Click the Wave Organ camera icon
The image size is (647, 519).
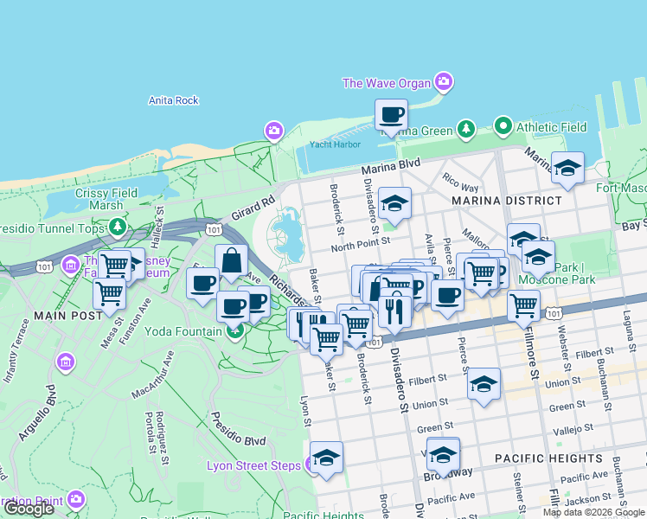click(x=444, y=83)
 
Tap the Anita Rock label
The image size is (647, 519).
click(x=174, y=100)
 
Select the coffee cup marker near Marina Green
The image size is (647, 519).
click(x=391, y=115)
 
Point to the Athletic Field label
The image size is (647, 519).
click(x=551, y=127)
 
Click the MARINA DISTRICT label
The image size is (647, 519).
click(x=506, y=201)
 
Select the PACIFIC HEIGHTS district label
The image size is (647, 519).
click(x=548, y=458)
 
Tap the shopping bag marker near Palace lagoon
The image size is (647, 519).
click(x=232, y=260)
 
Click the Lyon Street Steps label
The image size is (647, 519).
click(x=253, y=465)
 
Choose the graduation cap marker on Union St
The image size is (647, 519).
click(x=484, y=384)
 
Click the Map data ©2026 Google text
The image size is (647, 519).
click(x=593, y=512)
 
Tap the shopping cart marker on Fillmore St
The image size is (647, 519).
click(x=523, y=304)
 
